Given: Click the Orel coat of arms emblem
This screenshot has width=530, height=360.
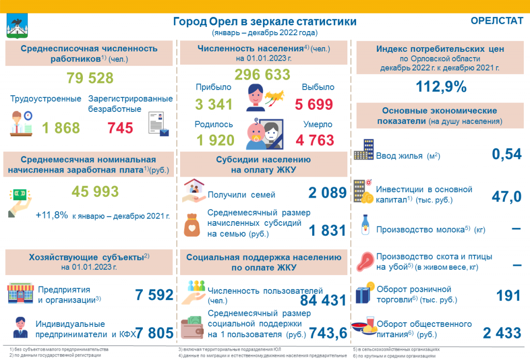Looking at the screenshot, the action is pyautogui.click(x=17, y=26).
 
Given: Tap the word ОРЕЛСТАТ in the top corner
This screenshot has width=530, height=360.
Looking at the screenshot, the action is pyautogui.click(x=496, y=21).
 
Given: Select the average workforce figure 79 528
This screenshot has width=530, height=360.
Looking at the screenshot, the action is pyautogui.click(x=90, y=78).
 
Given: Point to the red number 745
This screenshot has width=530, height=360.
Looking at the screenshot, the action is pyautogui.click(x=120, y=128).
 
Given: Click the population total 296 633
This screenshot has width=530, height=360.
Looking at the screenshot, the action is pyautogui.click(x=262, y=75).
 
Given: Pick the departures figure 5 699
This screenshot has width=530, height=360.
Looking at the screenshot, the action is pyautogui.click(x=314, y=104).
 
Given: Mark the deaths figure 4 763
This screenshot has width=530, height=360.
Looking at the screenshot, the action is pyautogui.click(x=315, y=140).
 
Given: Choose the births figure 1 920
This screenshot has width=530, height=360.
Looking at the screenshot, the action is pyautogui.click(x=215, y=140).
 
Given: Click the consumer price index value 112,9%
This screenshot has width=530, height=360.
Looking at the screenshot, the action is pyautogui.click(x=441, y=87).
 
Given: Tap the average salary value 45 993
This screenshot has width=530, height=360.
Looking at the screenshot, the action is pyautogui.click(x=95, y=192).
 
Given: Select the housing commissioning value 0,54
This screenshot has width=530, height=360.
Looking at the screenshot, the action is pyautogui.click(x=507, y=154).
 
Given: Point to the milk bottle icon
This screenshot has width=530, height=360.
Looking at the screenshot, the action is pyautogui.click(x=365, y=225).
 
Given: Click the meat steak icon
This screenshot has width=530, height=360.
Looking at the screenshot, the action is pyautogui.click(x=365, y=262).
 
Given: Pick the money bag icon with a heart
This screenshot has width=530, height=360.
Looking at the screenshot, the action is pyautogui.click(x=192, y=225).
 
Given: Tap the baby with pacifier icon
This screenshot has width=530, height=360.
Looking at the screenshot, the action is pyautogui.click(x=256, y=134).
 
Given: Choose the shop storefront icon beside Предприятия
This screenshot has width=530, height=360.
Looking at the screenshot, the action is pyautogui.click(x=21, y=293).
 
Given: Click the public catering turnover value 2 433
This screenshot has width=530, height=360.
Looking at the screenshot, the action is pyautogui.click(x=502, y=333).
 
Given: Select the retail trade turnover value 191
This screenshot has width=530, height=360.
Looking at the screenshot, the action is pyautogui.click(x=508, y=296).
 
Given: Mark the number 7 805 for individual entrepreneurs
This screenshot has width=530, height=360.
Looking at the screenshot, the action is pyautogui.click(x=154, y=333).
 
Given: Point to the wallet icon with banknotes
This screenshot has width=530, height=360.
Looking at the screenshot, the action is pyautogui.click(x=192, y=327).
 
